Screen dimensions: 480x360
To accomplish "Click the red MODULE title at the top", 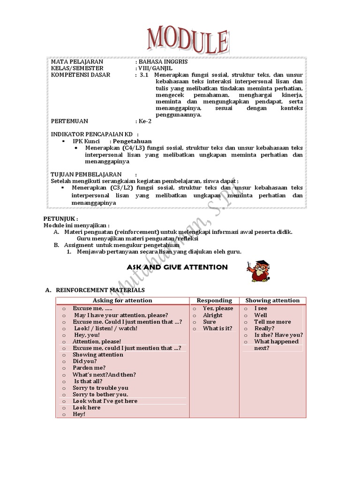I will click(187, 40).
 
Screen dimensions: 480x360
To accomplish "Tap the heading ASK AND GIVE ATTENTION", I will click(177, 267).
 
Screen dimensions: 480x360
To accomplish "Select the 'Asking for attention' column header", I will click(122, 300).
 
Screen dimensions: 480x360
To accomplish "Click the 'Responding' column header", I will click(214, 300).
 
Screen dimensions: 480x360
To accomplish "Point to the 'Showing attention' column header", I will click(272, 300).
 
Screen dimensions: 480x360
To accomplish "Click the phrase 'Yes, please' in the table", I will click(218, 308).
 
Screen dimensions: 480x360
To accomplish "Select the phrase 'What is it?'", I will click(217, 329).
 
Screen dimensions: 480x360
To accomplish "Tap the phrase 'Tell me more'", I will click(272, 322).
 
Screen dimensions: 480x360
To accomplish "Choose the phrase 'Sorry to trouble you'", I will click(100, 388).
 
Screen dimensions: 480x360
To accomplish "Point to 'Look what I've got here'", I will click(105, 401).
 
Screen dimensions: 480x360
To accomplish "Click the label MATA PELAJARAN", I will click(77, 62).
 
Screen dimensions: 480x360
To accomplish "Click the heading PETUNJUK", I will click(60, 219).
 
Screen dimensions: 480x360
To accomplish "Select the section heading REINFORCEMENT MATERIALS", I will click(100, 291).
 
